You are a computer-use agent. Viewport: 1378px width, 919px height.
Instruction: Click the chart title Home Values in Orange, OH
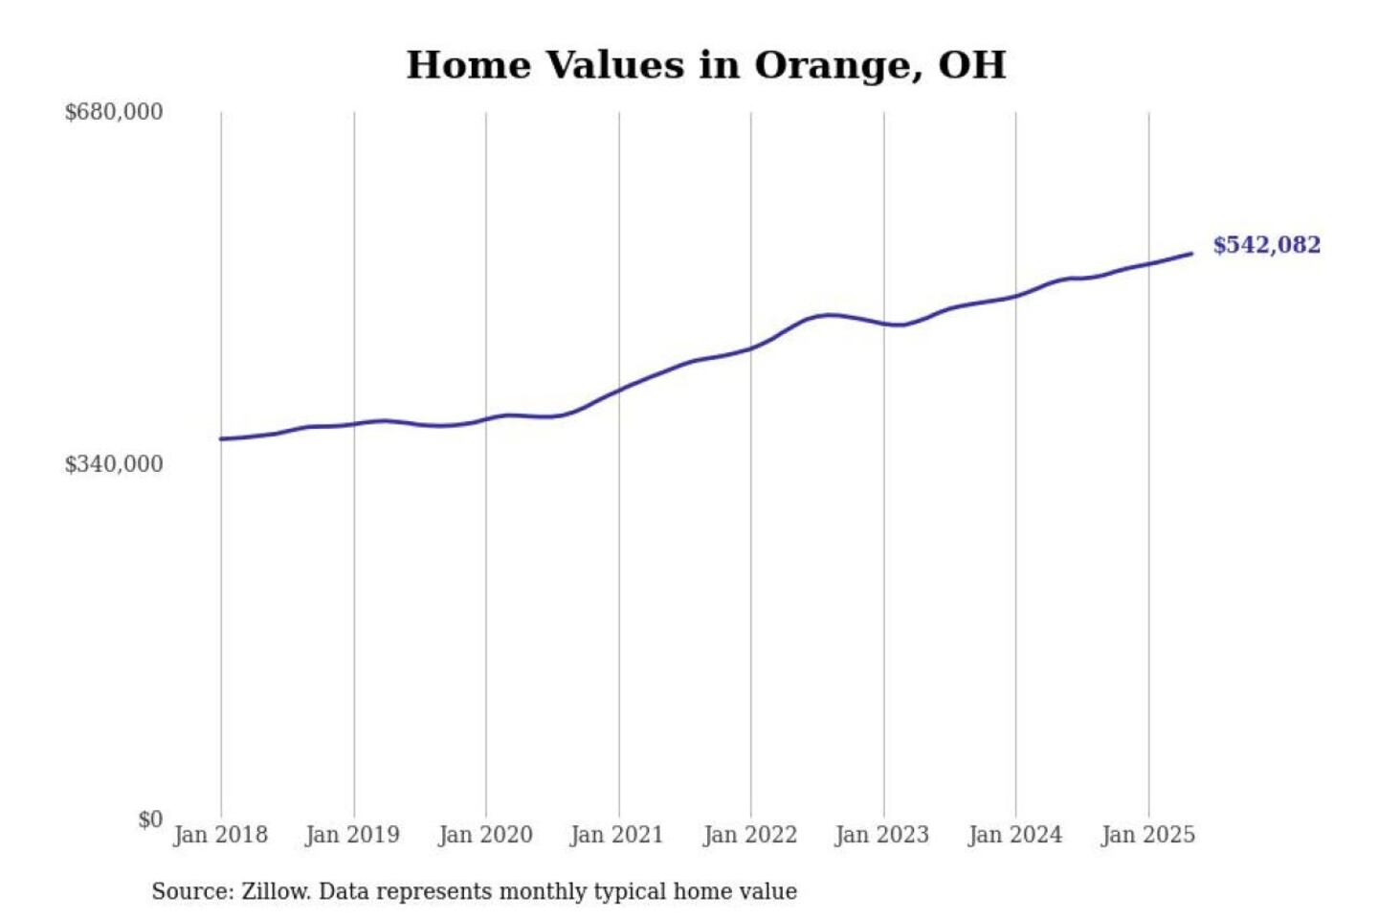coord(705,65)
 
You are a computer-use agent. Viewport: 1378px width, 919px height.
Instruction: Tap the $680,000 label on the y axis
coord(114,112)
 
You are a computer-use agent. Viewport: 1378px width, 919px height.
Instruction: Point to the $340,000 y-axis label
coord(114,464)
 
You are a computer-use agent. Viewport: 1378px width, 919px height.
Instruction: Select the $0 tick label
coord(150,819)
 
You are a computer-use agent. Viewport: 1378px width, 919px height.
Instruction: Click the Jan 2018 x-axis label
coord(220,835)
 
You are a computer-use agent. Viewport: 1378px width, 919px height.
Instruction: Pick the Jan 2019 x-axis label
coord(352,835)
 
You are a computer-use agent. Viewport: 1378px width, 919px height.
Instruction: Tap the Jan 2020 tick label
coord(485,835)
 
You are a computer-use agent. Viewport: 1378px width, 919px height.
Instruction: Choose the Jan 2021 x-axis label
coord(617,835)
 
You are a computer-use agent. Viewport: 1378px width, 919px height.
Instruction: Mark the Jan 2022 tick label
coord(750,835)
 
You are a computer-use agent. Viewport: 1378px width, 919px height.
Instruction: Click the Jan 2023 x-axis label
coord(882,835)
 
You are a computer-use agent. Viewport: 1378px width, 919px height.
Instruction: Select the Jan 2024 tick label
coord(1015,835)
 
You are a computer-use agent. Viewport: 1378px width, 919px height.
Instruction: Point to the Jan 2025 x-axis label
coord(1148,835)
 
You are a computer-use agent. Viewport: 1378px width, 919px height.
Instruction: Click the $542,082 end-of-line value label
coord(1266,245)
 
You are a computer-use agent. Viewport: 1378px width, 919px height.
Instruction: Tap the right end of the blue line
coord(1191,254)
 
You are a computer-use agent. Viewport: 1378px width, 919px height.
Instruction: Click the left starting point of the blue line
coord(221,438)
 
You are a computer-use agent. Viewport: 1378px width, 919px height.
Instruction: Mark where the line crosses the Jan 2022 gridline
coord(751,348)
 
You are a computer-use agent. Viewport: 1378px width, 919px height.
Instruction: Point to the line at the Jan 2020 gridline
coord(486,419)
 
